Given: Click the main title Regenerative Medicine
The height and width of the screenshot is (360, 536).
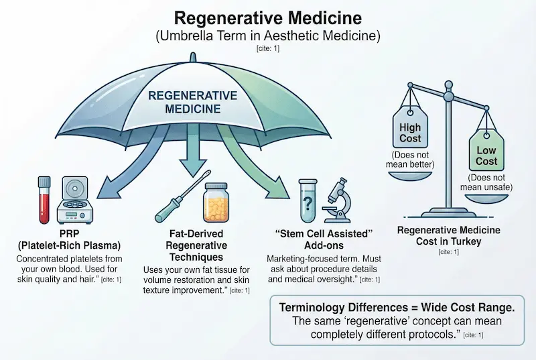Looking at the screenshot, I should tap(268, 18).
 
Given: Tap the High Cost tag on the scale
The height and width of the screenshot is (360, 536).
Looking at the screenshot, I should tap(410, 131).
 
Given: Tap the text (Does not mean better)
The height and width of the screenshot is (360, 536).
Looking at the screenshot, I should tap(410, 160).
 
